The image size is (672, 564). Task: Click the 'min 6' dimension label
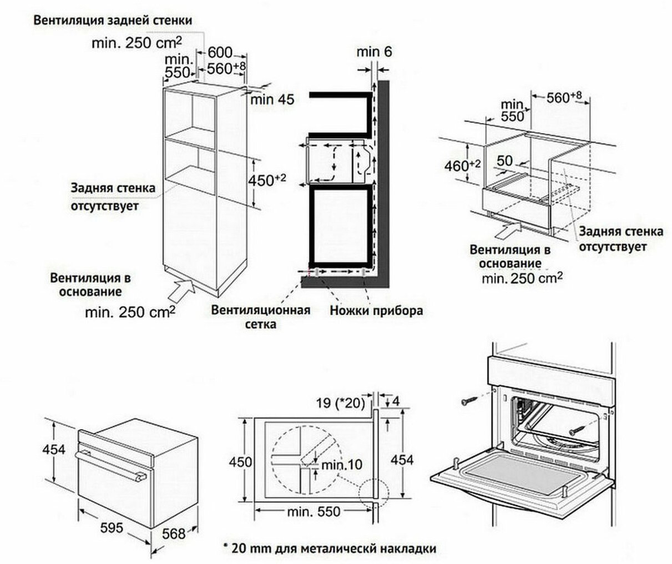tap(374, 52)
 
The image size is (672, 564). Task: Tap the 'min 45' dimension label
tap(271, 100)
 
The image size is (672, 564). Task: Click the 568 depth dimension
tap(174, 533)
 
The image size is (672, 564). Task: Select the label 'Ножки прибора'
tap(376, 310)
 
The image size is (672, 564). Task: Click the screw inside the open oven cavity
tap(578, 428)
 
